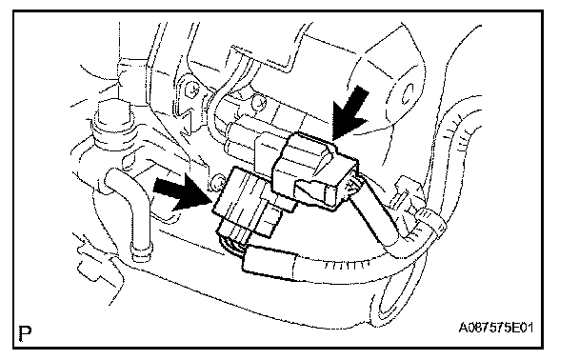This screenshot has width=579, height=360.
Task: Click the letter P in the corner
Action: (25, 333)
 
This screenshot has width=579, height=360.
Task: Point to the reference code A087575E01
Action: (496, 327)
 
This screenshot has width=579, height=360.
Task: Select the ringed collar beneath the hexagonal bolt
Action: (113, 136)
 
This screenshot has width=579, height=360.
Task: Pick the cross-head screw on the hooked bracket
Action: (193, 89)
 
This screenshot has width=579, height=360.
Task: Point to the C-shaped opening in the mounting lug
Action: (407, 93)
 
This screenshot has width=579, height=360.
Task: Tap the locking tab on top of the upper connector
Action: (326, 159)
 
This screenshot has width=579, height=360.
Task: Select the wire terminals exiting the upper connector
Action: (352, 188)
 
